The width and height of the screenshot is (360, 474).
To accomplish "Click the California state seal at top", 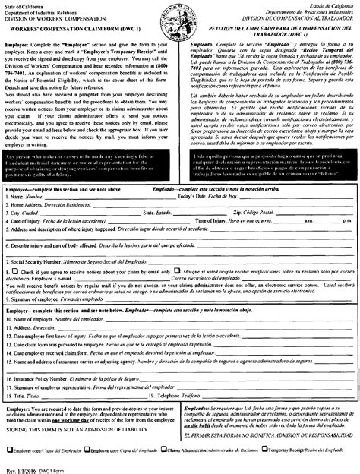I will pos(180,17).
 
